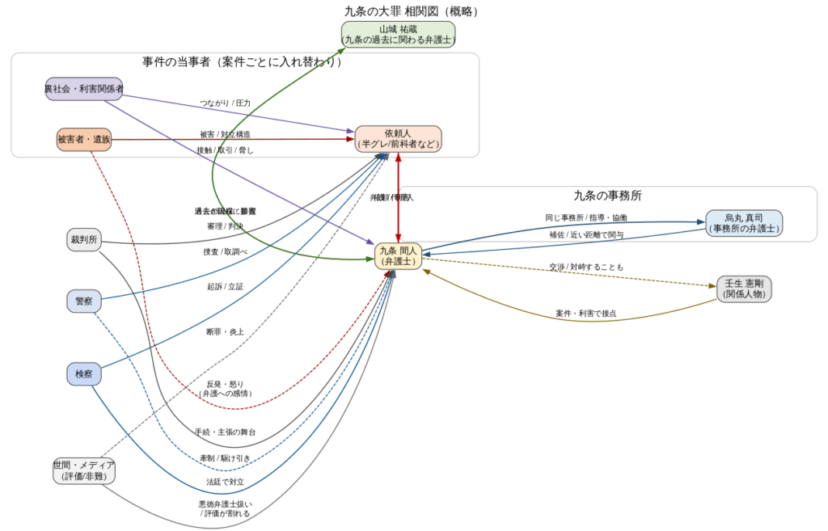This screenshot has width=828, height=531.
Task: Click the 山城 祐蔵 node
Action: click(x=398, y=35)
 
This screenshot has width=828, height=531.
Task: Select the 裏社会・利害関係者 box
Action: click(x=84, y=89)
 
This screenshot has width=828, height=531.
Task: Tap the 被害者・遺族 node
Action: click(x=83, y=140)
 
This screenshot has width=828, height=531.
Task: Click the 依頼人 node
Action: click(x=398, y=139)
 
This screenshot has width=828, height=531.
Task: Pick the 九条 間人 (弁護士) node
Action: click(x=398, y=255)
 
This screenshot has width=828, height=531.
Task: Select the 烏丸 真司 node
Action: click(x=743, y=223)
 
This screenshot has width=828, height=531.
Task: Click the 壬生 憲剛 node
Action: click(x=744, y=289)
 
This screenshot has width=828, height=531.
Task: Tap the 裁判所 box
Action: click(x=84, y=240)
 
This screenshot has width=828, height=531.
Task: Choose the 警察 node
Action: click(x=84, y=301)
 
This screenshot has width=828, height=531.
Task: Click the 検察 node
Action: click(x=84, y=373)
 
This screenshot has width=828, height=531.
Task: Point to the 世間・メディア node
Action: click(x=84, y=470)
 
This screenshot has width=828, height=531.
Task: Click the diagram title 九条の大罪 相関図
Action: click(x=412, y=11)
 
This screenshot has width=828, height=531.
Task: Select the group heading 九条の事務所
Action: click(x=607, y=196)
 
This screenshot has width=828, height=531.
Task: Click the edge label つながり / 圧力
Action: click(x=226, y=103)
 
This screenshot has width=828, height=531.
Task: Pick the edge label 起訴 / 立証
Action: click(x=225, y=286)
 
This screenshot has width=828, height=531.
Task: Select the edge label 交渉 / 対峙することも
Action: click(x=586, y=267)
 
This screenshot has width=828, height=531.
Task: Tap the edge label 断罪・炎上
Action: click(x=225, y=331)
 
